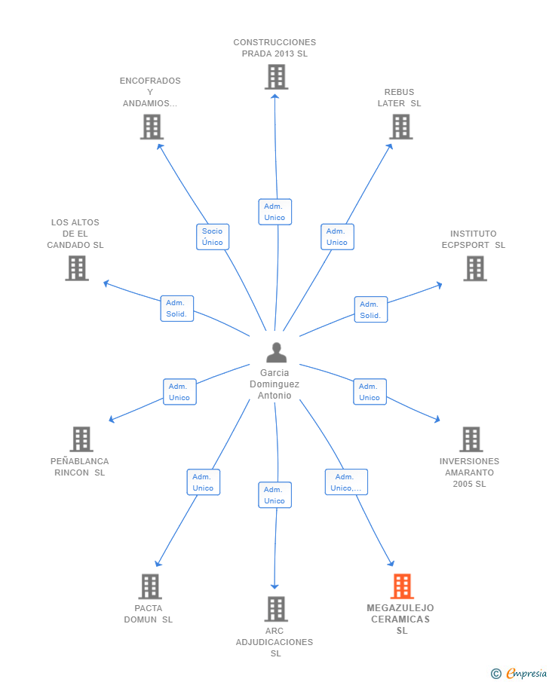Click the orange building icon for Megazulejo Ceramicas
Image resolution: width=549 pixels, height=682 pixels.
click(x=401, y=586)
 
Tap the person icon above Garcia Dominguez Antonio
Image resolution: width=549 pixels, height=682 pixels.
click(x=277, y=353)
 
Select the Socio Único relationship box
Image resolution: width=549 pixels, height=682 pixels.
click(x=213, y=237)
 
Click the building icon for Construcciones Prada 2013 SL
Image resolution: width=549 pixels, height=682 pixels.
click(x=276, y=77)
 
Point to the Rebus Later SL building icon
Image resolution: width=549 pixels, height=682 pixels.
click(x=400, y=127)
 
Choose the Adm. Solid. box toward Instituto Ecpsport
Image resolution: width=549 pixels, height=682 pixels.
click(x=371, y=310)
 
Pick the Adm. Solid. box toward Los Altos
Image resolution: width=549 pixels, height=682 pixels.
click(x=176, y=308)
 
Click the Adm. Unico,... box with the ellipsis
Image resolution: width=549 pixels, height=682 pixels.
click(x=346, y=482)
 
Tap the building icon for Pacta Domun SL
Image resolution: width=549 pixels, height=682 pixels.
click(x=150, y=586)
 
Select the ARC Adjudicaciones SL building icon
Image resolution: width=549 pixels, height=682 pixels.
click(x=276, y=608)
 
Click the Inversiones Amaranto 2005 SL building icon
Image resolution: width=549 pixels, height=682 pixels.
click(x=471, y=439)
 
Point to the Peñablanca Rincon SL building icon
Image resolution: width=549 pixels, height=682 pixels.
click(x=81, y=439)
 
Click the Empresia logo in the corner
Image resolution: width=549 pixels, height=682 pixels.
click(x=519, y=673)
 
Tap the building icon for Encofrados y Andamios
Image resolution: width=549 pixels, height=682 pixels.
click(x=152, y=127)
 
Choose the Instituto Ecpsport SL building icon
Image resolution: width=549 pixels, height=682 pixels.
click(x=474, y=268)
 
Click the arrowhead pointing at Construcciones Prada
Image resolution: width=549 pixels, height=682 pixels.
click(x=274, y=96)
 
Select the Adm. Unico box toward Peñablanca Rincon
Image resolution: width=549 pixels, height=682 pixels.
click(x=179, y=392)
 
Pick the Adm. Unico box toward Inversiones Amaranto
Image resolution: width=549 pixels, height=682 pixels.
click(x=370, y=392)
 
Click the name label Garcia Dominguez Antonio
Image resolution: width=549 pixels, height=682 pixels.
click(x=274, y=384)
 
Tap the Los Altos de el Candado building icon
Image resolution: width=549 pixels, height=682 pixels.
click(x=77, y=268)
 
